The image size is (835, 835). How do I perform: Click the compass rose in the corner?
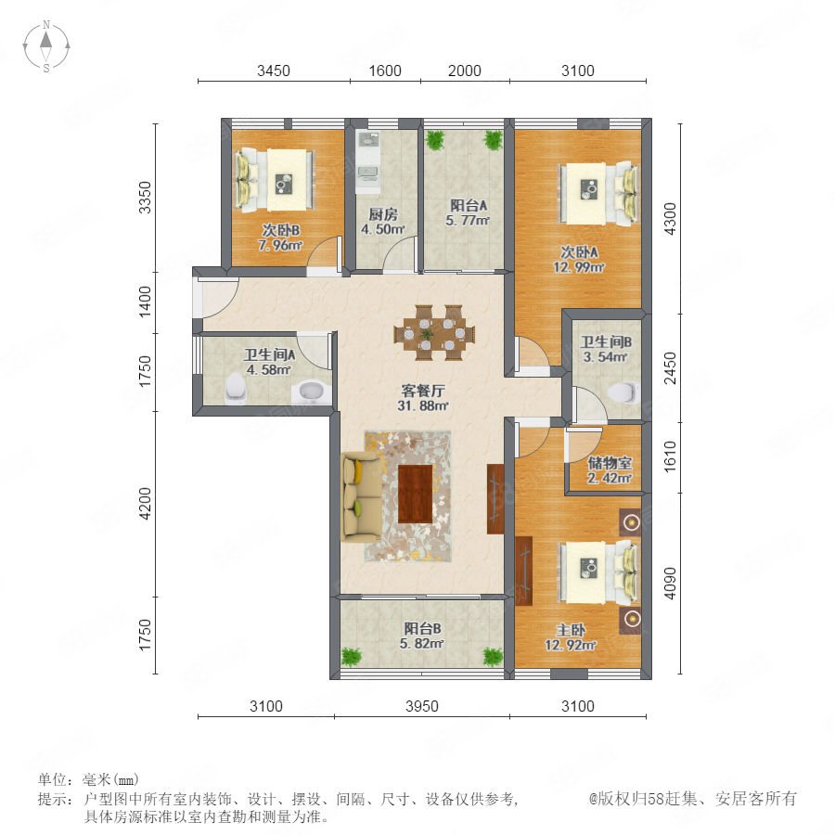[x=46, y=45]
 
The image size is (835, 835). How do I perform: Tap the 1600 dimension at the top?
[x=385, y=71]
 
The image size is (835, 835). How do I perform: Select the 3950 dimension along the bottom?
[x=422, y=706]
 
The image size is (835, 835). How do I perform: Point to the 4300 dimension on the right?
[x=671, y=218]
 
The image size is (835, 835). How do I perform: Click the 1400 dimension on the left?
[x=145, y=302]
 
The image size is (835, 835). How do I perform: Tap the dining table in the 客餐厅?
[x=434, y=334]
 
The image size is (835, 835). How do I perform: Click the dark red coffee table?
[x=416, y=494]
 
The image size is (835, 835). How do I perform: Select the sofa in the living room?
[x=362, y=496]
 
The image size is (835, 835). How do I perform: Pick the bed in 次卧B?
[x=275, y=181]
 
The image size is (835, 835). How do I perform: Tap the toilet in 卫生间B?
[x=623, y=392]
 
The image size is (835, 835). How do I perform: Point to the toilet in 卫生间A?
[x=236, y=387]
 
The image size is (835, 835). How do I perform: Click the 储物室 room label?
[x=610, y=463]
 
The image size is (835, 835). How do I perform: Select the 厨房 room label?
[x=383, y=214]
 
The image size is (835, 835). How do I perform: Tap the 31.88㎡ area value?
[x=423, y=406]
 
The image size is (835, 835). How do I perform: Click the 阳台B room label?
[x=422, y=628]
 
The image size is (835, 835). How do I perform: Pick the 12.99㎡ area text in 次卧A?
[x=579, y=267]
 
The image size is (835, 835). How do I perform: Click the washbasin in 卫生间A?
[x=310, y=393]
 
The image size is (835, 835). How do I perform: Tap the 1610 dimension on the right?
[x=671, y=456]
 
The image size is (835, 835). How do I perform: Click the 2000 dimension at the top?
[x=465, y=71]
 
